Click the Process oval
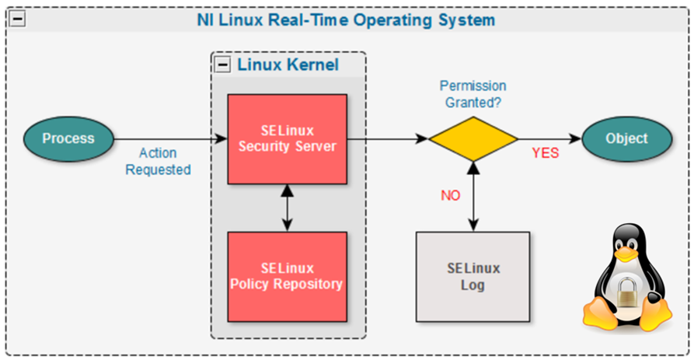[x=68, y=138]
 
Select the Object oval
[x=626, y=138]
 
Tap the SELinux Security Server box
[x=288, y=139]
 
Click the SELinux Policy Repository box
[x=288, y=277]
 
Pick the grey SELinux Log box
[x=473, y=277]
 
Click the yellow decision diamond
[x=473, y=139]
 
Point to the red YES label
[x=546, y=153]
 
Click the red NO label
[x=451, y=195]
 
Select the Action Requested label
[x=158, y=161]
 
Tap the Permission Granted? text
[x=473, y=94]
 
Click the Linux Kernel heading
[x=288, y=65]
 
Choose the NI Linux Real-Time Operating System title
[x=346, y=20]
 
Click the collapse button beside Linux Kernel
[x=222, y=65]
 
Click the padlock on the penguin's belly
[x=627, y=292]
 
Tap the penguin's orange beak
[x=626, y=253]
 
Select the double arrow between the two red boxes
[x=288, y=208]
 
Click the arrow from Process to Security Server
[x=170, y=139]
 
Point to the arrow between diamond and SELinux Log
[x=473, y=197]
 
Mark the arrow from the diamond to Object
[x=549, y=139]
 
